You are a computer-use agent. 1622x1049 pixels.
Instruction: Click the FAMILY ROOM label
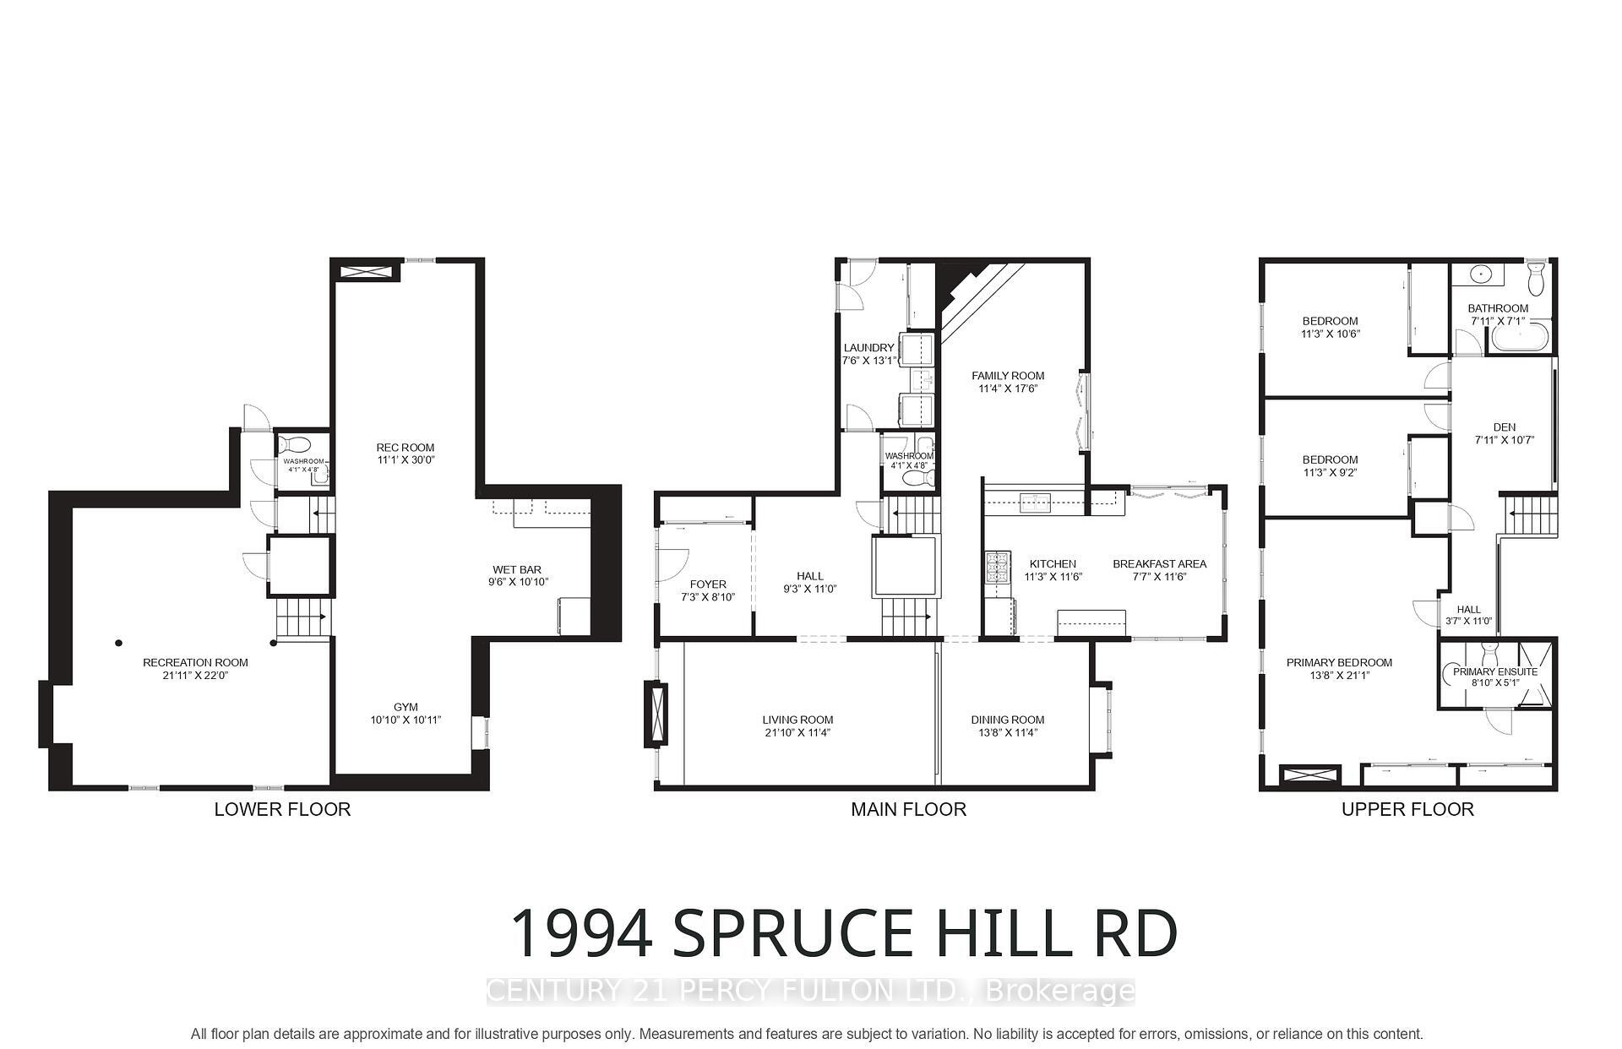point(1007,376)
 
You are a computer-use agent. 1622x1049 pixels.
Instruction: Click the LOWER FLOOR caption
point(282,809)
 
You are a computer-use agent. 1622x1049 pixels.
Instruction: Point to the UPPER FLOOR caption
point(1407,809)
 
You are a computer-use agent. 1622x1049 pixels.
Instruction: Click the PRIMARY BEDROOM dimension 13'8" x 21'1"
point(1339,676)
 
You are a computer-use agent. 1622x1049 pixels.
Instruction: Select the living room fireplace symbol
point(656,714)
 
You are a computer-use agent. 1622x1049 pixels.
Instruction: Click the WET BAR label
point(517,569)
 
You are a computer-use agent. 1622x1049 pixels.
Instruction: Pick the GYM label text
point(405,708)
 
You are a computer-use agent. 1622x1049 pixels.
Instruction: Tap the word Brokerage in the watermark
point(1059,991)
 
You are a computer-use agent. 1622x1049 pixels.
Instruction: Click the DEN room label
point(1504,427)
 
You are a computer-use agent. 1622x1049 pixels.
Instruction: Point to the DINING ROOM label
point(1007,720)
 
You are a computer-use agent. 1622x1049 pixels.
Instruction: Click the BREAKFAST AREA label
point(1159,564)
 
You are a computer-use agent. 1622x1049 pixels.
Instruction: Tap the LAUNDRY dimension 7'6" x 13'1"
point(868,361)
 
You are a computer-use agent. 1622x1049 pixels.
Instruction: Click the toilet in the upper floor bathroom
point(1537,275)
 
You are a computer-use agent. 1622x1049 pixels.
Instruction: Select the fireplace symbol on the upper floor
point(1309,776)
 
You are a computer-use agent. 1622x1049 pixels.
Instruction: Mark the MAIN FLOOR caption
point(908,809)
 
